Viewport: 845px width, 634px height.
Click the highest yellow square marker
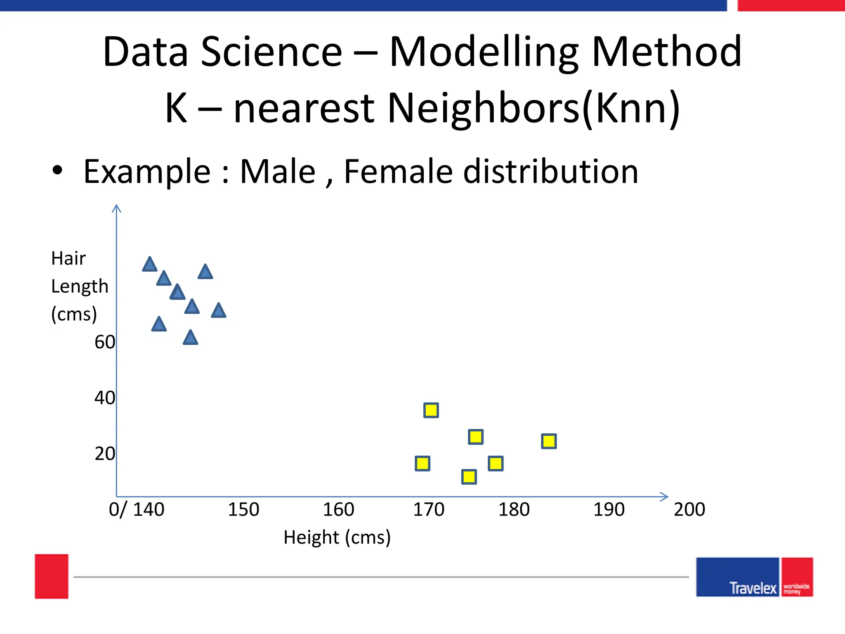pyautogui.click(x=431, y=410)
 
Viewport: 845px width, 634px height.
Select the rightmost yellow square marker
pyautogui.click(x=548, y=441)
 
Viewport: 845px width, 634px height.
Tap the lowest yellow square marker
pyautogui.click(x=469, y=477)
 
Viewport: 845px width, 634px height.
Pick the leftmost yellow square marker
pyautogui.click(x=422, y=464)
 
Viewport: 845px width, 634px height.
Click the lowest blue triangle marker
pyautogui.click(x=190, y=338)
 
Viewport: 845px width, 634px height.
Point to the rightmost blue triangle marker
pyautogui.click(x=218, y=311)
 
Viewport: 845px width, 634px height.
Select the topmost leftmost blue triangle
pyautogui.click(x=149, y=265)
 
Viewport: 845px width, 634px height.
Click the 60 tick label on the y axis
pyautogui.click(x=105, y=342)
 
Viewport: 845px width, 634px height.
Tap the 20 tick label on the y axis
pyautogui.click(x=105, y=454)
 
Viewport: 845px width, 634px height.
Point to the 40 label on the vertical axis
pyautogui.click(x=105, y=398)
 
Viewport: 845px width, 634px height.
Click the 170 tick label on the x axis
pyautogui.click(x=428, y=510)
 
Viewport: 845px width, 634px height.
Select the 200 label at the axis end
pyautogui.click(x=689, y=510)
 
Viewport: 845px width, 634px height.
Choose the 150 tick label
pyautogui.click(x=243, y=510)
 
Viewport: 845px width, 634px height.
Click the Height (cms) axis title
pyautogui.click(x=337, y=537)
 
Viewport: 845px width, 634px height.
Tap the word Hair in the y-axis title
pyautogui.click(x=68, y=259)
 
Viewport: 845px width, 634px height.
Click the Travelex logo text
pyautogui.click(x=753, y=588)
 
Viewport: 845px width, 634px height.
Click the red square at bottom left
pyautogui.click(x=52, y=576)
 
